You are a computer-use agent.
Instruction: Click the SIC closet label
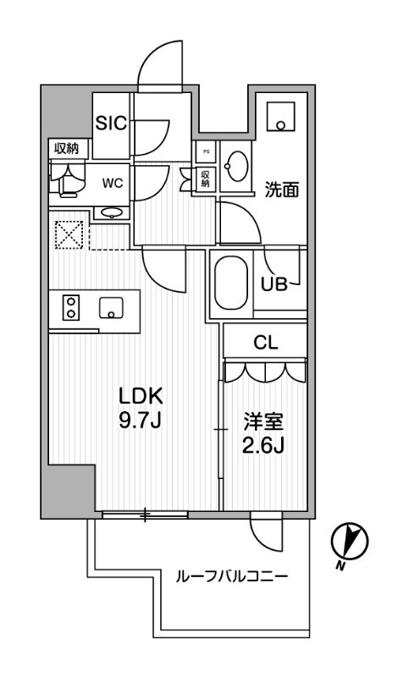tap(110, 124)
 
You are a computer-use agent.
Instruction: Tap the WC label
tap(113, 180)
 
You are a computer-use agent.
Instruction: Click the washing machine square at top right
tap(279, 118)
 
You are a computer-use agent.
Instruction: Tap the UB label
tap(276, 285)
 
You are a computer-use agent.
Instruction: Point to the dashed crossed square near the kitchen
tap(69, 234)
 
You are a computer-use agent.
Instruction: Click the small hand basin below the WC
tap(109, 212)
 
